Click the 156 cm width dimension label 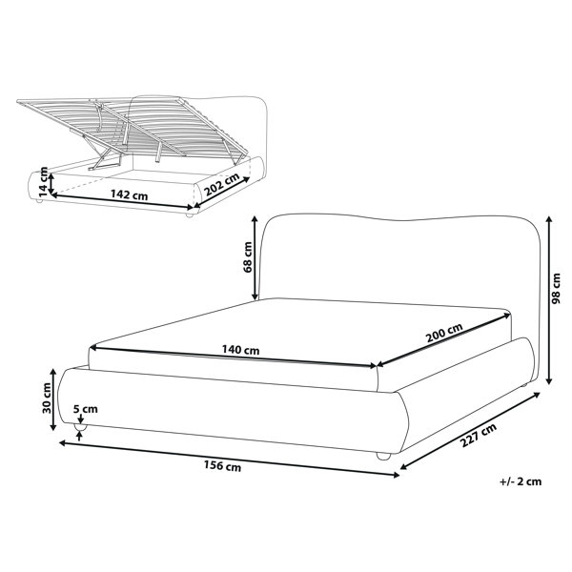coord(222,466)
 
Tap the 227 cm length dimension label coord(479,435)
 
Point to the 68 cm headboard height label coord(247,256)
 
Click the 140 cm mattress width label coord(241,350)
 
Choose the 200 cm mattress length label coord(444,333)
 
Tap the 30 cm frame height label coord(47,398)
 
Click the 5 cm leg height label coord(86,409)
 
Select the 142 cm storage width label coord(130,194)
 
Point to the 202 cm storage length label coord(221,184)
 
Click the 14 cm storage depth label coord(43,180)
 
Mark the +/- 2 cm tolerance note coord(521,481)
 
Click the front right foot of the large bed coord(383,456)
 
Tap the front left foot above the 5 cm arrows coord(80,427)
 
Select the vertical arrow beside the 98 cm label coord(549,300)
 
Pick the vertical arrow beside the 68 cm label coord(255,258)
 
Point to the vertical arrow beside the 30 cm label coord(52,399)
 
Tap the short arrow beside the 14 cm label coord(51,184)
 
